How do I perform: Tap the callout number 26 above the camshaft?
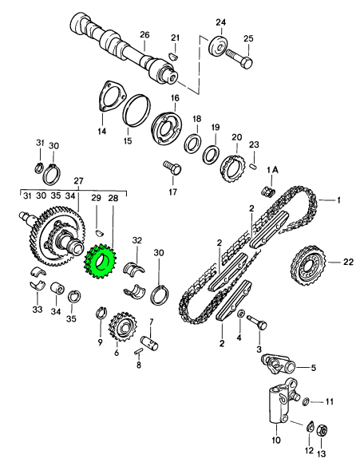click(x=144, y=35)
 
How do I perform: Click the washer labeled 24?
click(x=219, y=45)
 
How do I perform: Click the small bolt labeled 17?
click(x=172, y=168)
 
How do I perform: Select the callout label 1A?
click(x=272, y=170)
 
